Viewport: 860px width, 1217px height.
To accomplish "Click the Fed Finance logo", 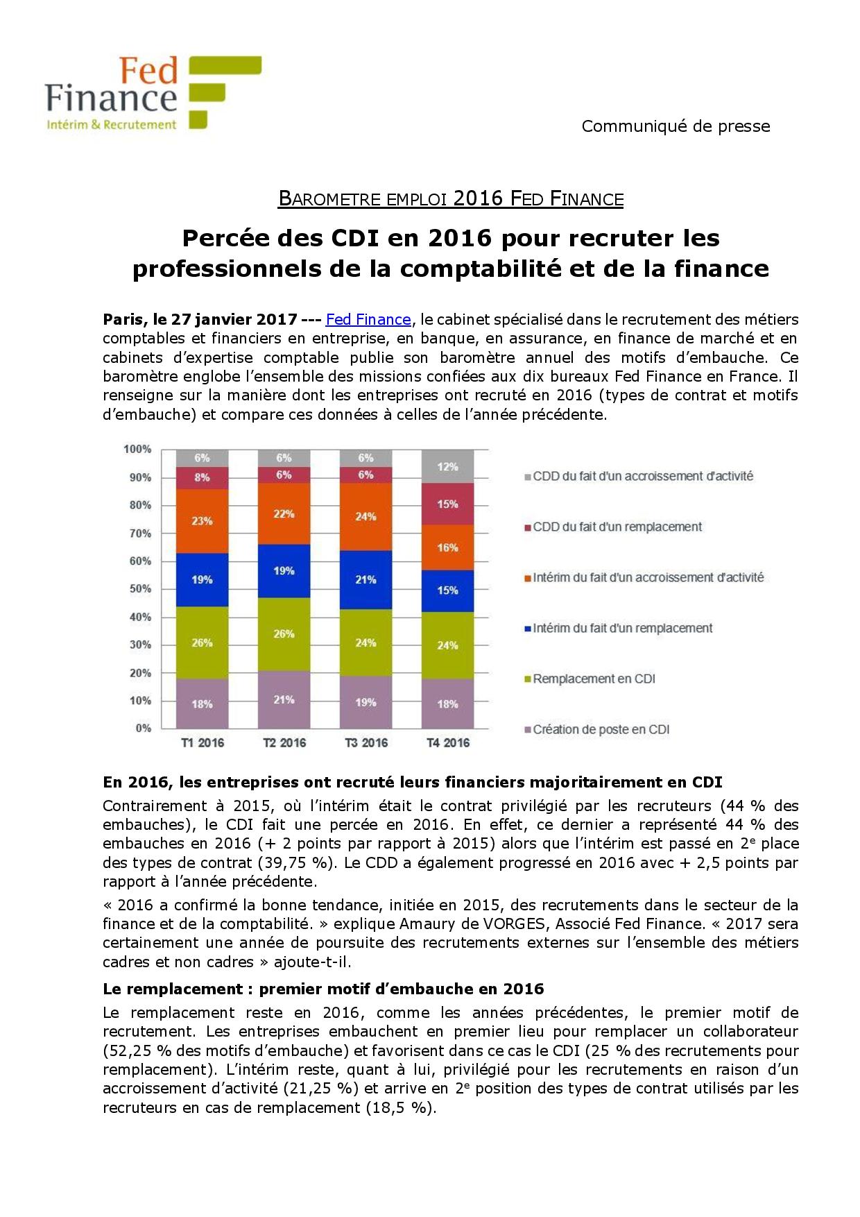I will click(153, 94).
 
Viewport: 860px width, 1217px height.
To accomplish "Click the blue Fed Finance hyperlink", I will click(368, 320).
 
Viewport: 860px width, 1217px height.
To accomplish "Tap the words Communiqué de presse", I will click(676, 126).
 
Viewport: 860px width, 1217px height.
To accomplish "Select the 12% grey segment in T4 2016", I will click(448, 466).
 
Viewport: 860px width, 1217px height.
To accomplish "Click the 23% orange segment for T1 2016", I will click(202, 521).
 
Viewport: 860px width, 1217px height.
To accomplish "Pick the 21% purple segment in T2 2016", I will click(284, 700).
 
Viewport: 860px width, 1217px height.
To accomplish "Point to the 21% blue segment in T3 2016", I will click(365, 579).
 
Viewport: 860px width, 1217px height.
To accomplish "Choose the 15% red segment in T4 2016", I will click(448, 504).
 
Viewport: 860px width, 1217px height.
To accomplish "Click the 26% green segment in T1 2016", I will click(202, 642).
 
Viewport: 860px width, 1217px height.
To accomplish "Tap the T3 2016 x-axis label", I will click(365, 743).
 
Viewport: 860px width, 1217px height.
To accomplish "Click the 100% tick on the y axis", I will click(137, 450).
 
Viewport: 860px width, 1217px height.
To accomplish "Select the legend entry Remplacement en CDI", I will click(594, 679).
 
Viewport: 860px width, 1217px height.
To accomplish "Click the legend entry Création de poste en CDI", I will click(601, 729).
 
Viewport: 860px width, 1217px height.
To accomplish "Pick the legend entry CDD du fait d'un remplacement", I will click(617, 527).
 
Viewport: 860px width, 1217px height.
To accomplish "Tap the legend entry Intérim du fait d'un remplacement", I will click(622, 628).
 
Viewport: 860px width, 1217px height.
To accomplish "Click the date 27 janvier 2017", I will click(233, 320).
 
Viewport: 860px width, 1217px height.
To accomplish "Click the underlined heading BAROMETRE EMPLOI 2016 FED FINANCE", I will click(451, 199).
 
